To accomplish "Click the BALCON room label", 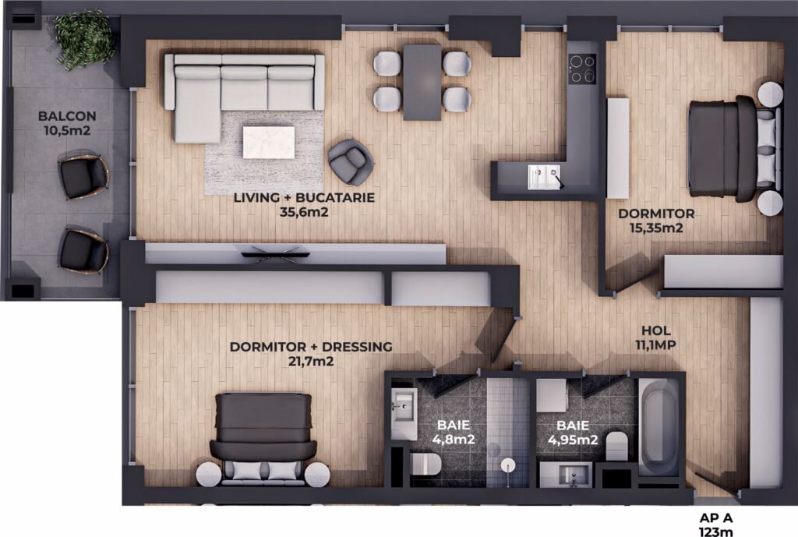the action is tap(67, 116).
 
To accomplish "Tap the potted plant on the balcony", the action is tap(83, 37).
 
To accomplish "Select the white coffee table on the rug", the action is tap(269, 143).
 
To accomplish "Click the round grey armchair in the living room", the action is tap(350, 161).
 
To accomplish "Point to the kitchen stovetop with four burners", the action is tap(582, 69).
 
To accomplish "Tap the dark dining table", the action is tap(422, 83).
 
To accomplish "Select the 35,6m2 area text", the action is tap(304, 212).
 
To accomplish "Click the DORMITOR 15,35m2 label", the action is tap(656, 221).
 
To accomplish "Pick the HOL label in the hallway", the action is tap(655, 330).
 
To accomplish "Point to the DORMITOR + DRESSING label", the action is tap(311, 347).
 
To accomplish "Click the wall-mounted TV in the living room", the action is tap(275, 253).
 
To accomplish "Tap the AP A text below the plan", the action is tap(716, 518).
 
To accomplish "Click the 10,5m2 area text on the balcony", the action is tap(67, 131).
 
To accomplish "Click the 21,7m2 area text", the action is tap(311, 362).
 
